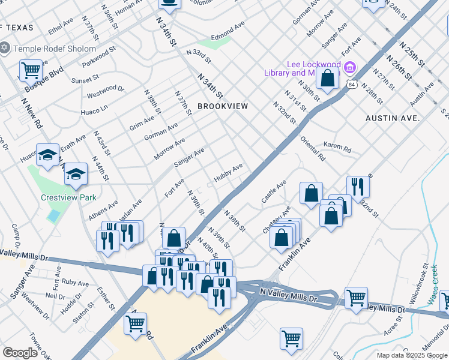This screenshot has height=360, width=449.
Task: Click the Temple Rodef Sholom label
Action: [55, 49]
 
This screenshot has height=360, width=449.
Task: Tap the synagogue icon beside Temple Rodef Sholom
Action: [5, 47]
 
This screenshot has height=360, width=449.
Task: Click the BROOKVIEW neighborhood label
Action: [223, 106]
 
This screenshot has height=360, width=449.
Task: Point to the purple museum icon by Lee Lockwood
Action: [350, 65]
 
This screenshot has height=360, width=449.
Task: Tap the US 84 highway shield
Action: [350, 85]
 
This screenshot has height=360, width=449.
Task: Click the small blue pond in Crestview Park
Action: [54, 215]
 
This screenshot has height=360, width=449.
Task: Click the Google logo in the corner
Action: [20, 353]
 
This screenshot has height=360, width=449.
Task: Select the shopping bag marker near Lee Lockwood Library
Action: [328, 78]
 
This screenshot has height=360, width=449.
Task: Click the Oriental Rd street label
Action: [312, 149]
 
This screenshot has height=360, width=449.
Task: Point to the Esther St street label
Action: [106, 298]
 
